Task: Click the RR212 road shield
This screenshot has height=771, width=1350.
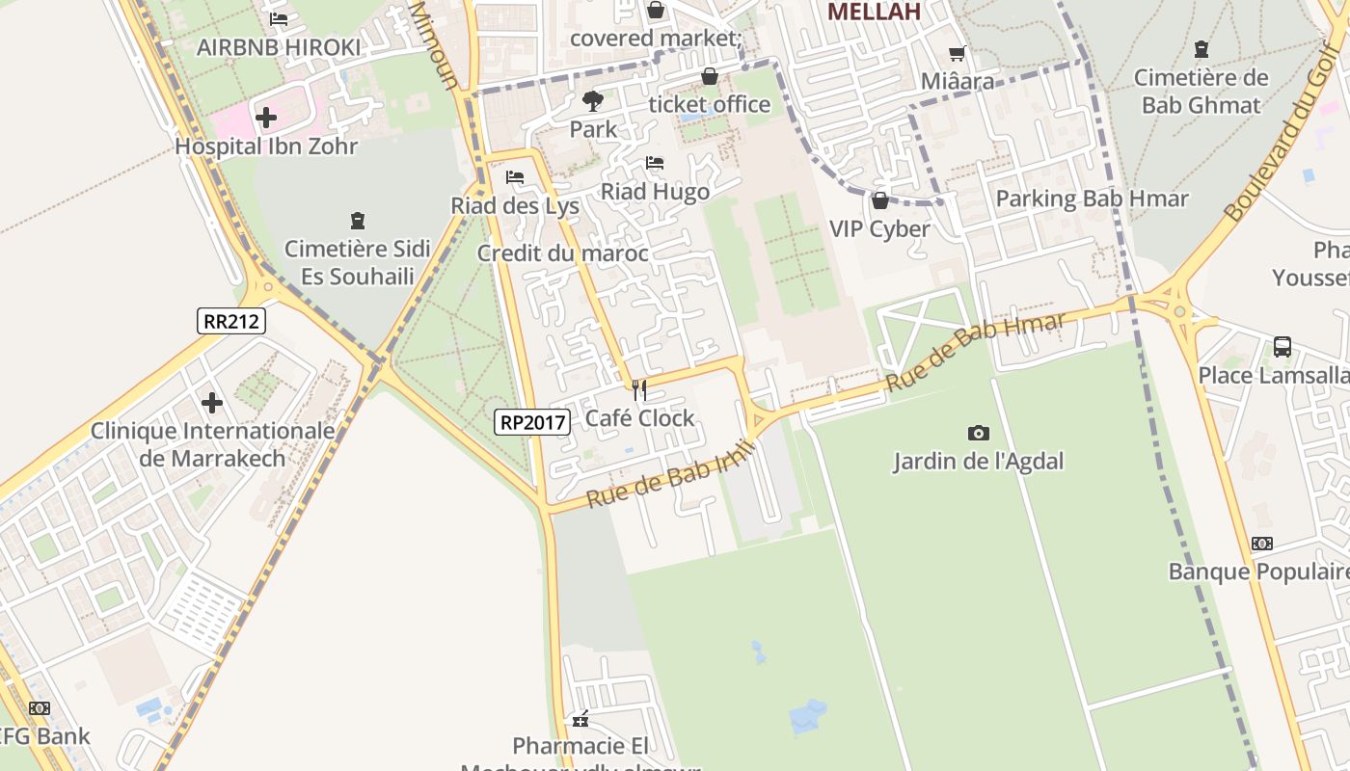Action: (x=231, y=321)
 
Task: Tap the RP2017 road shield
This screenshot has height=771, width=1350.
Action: (x=533, y=421)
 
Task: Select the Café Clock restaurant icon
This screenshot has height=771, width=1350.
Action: (x=638, y=389)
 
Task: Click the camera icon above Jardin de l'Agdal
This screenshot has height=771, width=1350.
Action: (x=978, y=434)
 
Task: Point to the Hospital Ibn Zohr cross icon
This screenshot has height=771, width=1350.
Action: (x=266, y=119)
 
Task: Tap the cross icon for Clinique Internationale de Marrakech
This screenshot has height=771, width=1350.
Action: (x=212, y=403)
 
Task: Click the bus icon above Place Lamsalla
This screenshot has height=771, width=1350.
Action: (x=1282, y=347)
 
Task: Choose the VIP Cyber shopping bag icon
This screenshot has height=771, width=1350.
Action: (x=879, y=200)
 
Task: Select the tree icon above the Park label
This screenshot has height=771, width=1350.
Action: (x=592, y=100)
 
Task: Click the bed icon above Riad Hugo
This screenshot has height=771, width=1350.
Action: (x=655, y=163)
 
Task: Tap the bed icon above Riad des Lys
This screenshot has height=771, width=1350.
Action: (x=515, y=177)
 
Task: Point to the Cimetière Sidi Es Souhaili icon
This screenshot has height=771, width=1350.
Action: (x=358, y=221)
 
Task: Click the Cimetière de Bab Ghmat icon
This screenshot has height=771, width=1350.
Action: (x=1201, y=49)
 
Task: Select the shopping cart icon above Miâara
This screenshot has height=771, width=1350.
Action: (x=957, y=54)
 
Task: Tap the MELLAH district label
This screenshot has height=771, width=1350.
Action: (x=874, y=12)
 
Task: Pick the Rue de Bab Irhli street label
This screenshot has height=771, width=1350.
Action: (x=667, y=473)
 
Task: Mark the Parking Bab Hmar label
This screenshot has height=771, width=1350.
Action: (x=1092, y=199)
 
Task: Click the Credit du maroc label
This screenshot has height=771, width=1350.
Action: (x=562, y=254)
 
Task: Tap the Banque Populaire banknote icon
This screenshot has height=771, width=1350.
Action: (x=1261, y=544)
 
